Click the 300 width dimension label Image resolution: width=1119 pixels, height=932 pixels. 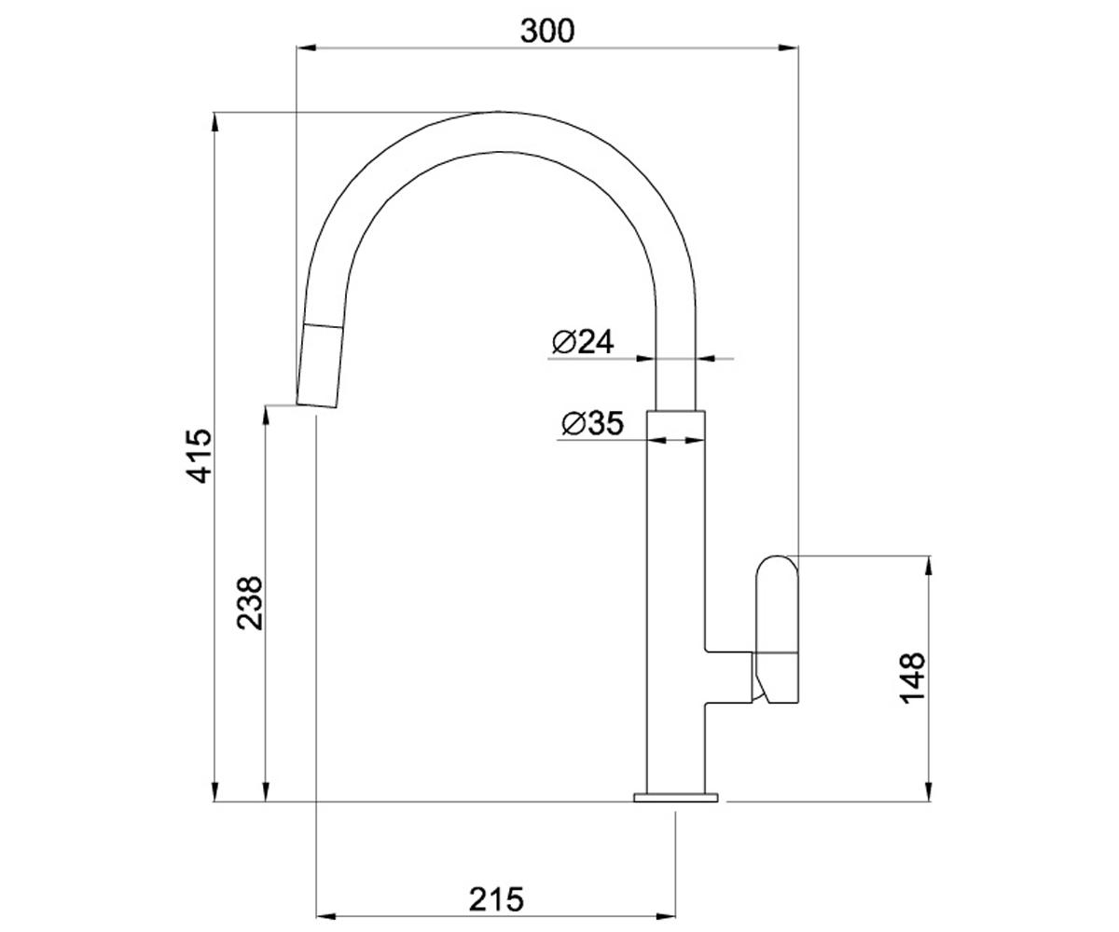click(x=546, y=31)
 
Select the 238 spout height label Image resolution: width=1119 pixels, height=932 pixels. click(x=250, y=604)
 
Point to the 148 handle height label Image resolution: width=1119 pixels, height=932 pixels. click(x=912, y=678)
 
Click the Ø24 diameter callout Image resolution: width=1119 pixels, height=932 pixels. click(x=583, y=342)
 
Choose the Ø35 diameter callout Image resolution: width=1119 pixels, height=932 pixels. click(x=593, y=423)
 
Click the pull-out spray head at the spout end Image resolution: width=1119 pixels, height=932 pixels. click(x=320, y=366)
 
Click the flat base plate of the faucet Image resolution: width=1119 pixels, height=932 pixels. click(x=676, y=798)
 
